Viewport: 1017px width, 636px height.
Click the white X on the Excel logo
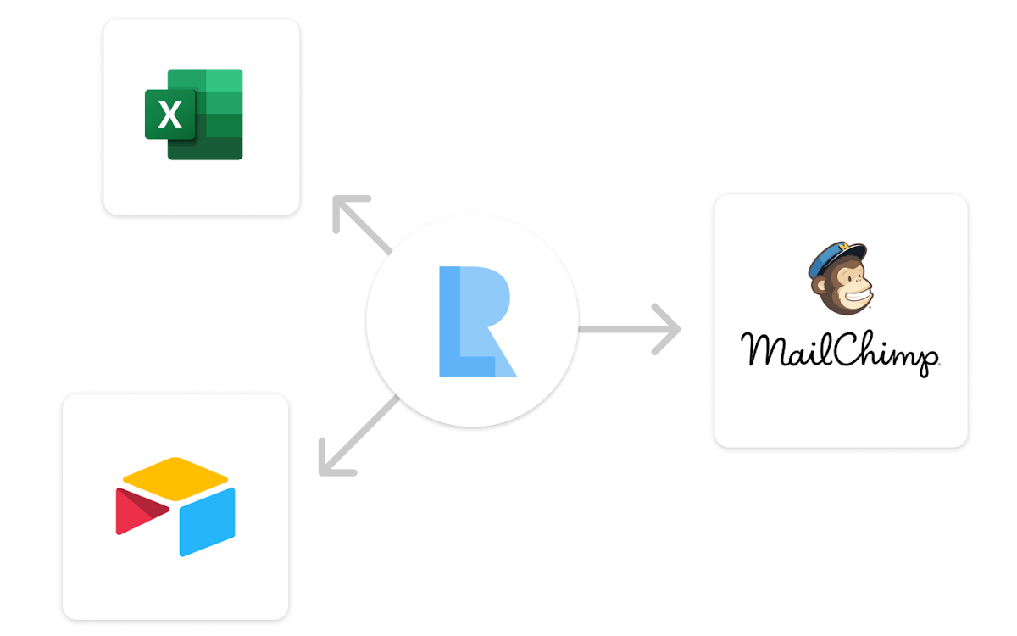tap(170, 114)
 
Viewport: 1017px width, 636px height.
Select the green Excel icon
tap(194, 114)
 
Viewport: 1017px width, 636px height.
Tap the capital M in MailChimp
tap(763, 349)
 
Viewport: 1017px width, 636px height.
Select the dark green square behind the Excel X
tap(169, 114)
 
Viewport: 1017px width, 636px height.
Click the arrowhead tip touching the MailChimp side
tap(679, 328)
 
